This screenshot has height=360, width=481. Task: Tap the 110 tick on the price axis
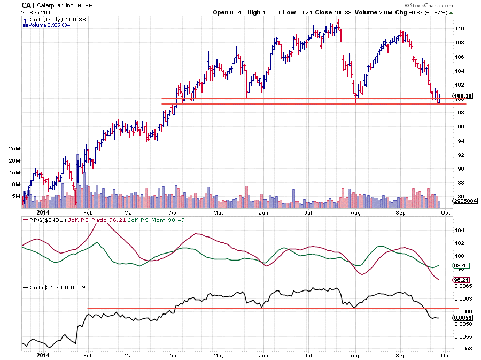coord(459,29)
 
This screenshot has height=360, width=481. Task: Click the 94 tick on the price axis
coord(457,141)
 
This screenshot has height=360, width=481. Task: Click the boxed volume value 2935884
coord(461,201)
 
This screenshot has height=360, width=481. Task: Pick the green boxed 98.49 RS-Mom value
coord(460,265)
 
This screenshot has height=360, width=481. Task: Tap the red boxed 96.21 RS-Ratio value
coord(460,279)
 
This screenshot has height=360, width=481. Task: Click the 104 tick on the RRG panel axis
coord(458,231)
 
